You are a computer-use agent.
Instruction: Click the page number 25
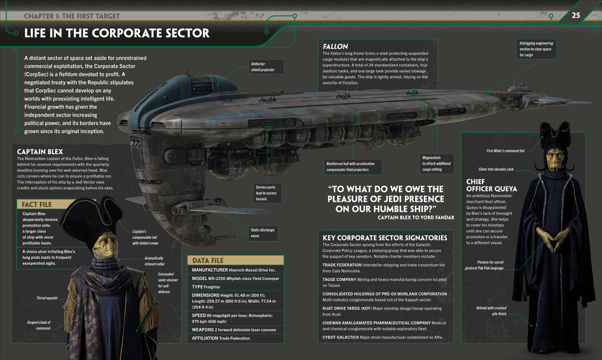576,15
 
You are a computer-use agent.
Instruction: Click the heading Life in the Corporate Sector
116,34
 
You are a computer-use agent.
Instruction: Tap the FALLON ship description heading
335,46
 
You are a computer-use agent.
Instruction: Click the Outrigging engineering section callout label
536,49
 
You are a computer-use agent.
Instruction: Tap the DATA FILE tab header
209,259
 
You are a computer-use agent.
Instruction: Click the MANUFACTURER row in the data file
234,269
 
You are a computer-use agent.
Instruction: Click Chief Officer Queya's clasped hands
553,238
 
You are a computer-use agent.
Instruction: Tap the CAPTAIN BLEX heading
40,151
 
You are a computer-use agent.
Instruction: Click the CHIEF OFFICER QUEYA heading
491,185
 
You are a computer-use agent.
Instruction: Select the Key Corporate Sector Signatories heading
384,238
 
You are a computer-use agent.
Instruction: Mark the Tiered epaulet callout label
46,298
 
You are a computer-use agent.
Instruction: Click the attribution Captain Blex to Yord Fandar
416,217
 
